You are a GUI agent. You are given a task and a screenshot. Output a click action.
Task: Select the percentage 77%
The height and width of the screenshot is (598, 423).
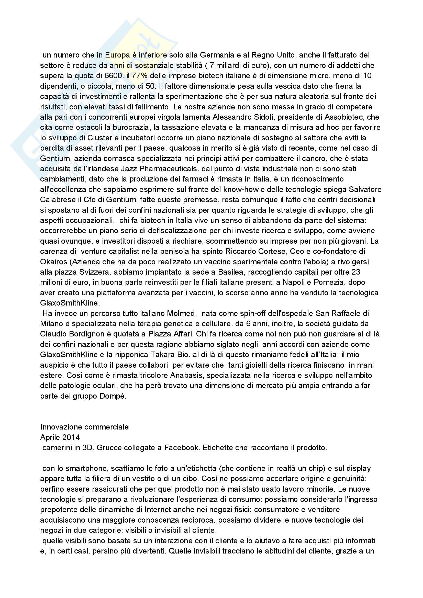tap(140, 76)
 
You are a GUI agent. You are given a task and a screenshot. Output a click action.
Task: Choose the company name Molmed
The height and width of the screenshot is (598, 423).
tap(181, 313)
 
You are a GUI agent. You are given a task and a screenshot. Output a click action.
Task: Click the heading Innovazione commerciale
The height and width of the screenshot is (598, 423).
tap(84, 427)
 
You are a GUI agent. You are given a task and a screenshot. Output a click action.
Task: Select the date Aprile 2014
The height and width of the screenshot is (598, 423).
tap(60, 437)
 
